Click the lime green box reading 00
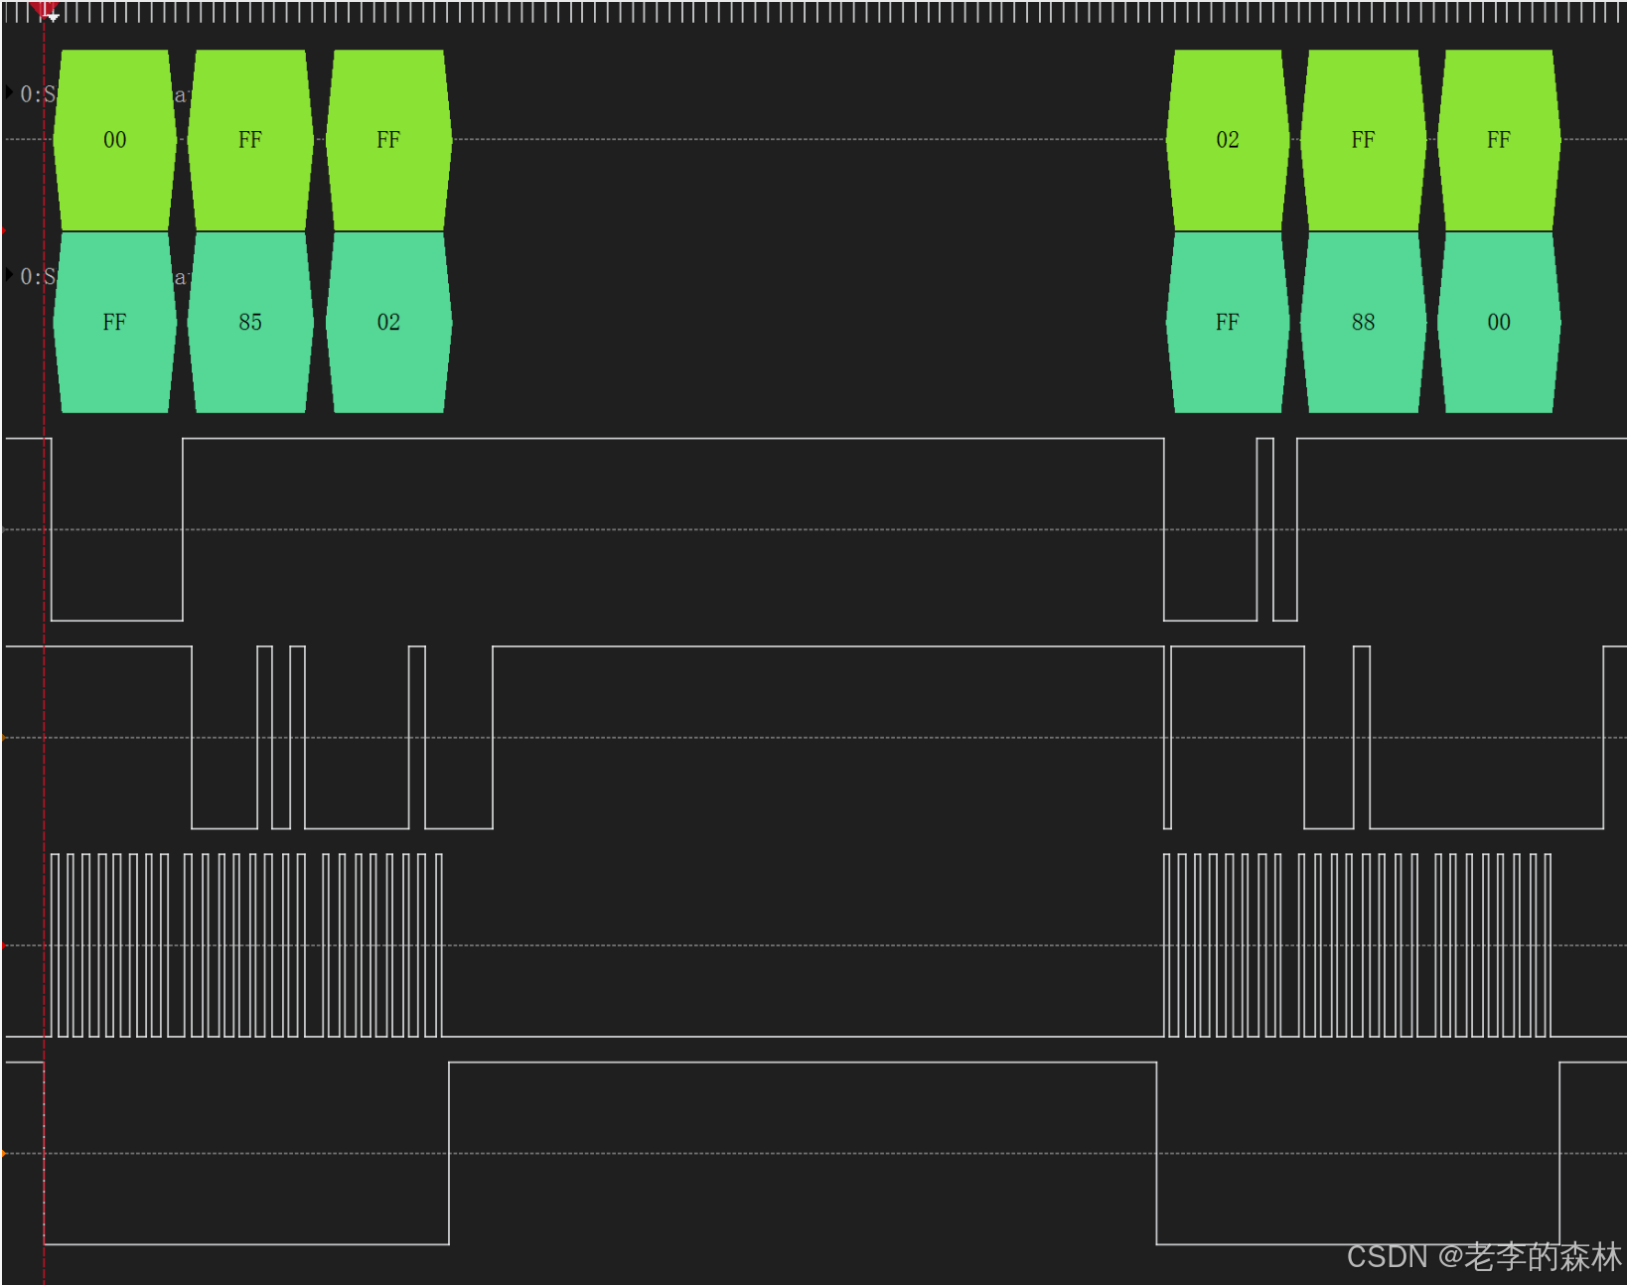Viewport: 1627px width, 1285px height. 114,140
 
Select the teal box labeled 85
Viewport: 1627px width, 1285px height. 249,322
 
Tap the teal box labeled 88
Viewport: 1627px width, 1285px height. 1362,322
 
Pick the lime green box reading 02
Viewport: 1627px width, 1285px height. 1227,140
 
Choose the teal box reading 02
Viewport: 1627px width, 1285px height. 387,322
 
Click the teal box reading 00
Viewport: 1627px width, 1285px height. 1498,322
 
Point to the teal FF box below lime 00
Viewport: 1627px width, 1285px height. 114,322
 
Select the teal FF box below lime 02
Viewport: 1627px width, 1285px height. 1227,322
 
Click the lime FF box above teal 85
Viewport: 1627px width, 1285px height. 249,140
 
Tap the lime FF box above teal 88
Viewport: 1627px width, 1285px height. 1362,140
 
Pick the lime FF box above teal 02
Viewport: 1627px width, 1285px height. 387,140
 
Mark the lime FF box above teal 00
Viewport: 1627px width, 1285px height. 1498,140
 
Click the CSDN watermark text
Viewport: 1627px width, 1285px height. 1483,1257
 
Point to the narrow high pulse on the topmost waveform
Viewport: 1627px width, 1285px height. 1264,528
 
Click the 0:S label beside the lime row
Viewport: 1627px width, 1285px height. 37,94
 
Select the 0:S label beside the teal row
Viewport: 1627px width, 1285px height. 37,276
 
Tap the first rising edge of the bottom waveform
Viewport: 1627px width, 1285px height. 449,1152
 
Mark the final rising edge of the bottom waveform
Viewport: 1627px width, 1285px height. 1559,1152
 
